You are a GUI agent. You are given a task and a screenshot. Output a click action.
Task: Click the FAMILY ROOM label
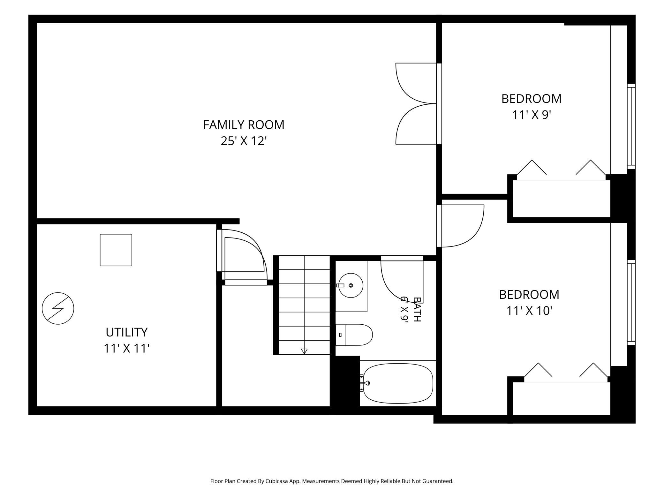pos(244,124)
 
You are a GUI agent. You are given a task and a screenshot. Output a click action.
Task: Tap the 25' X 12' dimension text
pos(244,141)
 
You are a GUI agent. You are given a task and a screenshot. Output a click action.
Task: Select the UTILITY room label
pos(127,332)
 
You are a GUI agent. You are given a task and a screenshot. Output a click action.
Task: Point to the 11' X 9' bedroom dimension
pos(532,115)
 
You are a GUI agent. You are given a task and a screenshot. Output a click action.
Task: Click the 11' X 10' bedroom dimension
pos(529,310)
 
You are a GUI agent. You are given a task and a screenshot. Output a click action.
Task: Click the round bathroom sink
pos(351,285)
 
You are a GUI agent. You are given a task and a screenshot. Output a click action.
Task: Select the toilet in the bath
pos(354,335)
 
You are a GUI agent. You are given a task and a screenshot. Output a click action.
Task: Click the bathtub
pos(398,383)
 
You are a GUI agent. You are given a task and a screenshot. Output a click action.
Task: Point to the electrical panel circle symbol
pos(58,308)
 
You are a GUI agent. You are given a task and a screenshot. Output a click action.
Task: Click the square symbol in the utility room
pos(116,250)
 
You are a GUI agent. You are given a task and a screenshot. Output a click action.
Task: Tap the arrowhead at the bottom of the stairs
pos(304,351)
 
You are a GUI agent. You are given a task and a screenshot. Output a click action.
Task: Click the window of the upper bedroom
pos(631,126)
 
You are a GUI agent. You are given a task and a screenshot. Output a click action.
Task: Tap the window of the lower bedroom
pos(631,302)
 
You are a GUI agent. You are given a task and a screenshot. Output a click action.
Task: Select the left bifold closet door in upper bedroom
pos(532,167)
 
